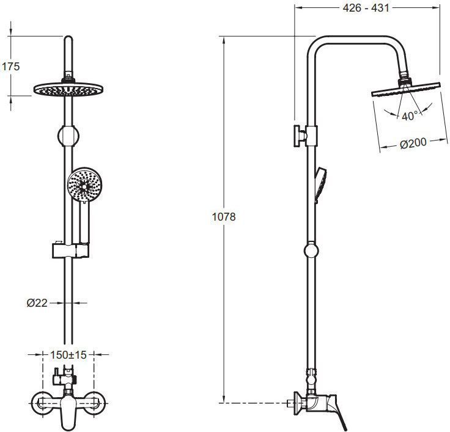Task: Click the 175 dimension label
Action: (x=11, y=67)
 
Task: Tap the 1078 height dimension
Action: (x=224, y=217)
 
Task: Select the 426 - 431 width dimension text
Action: (x=366, y=8)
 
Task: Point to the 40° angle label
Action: (x=410, y=117)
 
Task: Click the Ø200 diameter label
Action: (x=413, y=143)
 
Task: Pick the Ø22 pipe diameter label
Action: (x=37, y=303)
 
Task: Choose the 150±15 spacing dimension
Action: (x=68, y=355)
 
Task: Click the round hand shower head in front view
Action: (x=84, y=185)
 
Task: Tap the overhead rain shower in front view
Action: (x=68, y=89)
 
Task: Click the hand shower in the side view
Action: (x=320, y=185)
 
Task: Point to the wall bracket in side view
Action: (x=305, y=136)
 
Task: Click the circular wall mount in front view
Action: (x=68, y=136)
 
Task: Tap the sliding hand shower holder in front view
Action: (x=70, y=251)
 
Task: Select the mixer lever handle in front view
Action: (x=68, y=412)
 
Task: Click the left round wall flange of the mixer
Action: (x=42, y=403)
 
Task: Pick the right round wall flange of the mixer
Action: (x=95, y=403)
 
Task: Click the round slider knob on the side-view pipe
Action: (x=311, y=251)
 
